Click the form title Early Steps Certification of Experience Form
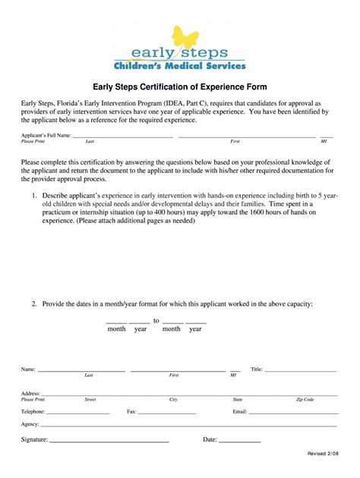point(180,87)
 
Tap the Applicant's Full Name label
point(46,135)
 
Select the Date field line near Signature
point(240,440)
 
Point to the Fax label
point(131,411)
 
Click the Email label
point(240,411)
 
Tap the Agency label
point(30,424)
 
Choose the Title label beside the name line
point(256,370)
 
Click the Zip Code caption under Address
point(305,399)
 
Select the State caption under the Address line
point(238,399)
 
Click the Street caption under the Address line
point(90,399)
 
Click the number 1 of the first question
point(34,196)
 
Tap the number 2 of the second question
point(34,303)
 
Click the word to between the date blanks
point(156,321)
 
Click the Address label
point(30,393)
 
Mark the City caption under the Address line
point(173,399)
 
